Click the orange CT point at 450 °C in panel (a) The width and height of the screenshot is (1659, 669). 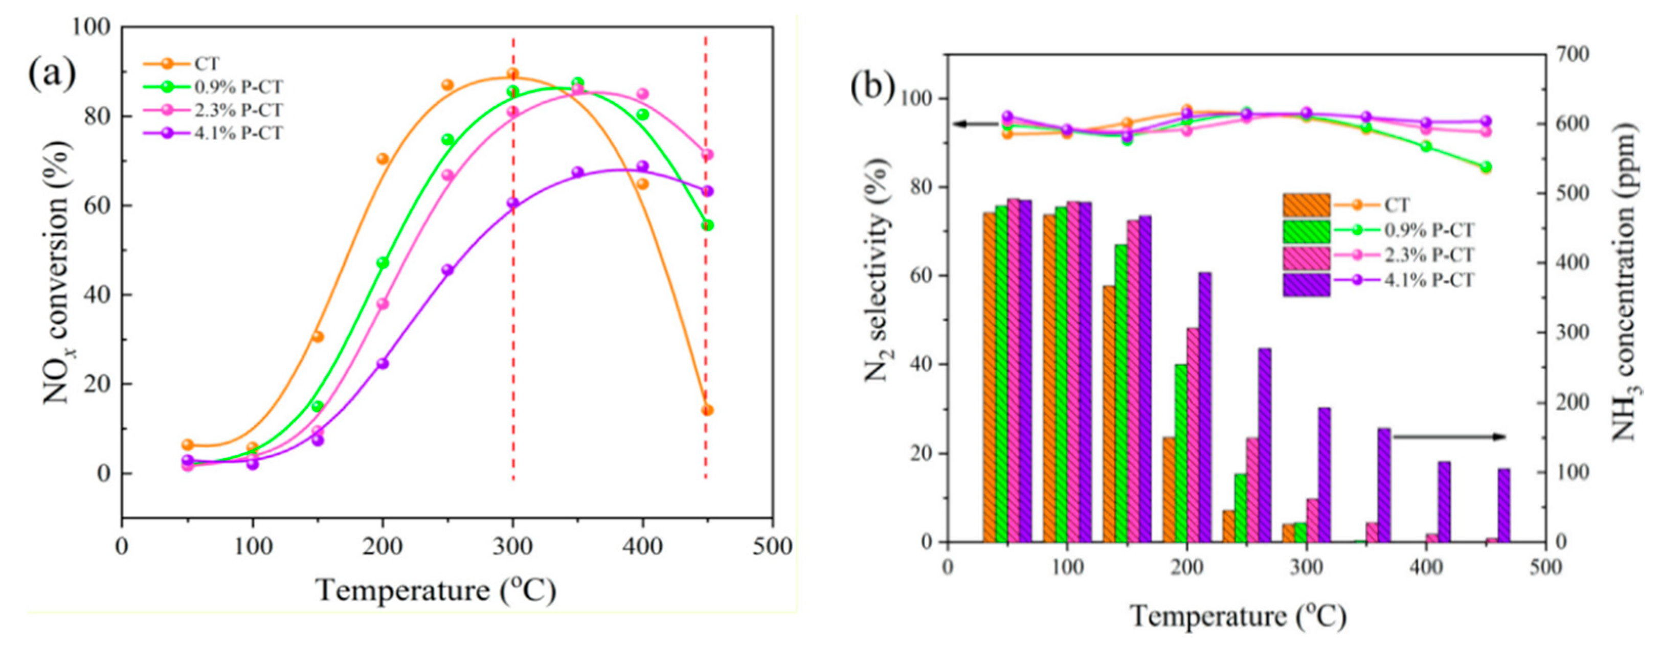click(707, 410)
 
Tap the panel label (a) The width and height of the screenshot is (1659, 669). click(52, 75)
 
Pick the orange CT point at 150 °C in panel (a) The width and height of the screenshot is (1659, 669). click(318, 337)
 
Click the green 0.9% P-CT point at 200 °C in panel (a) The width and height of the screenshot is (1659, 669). click(383, 263)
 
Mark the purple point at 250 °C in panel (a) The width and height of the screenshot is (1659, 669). click(447, 270)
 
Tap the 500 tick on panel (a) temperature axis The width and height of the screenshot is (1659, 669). click(772, 547)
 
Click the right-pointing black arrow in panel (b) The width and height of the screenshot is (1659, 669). click(1449, 436)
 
